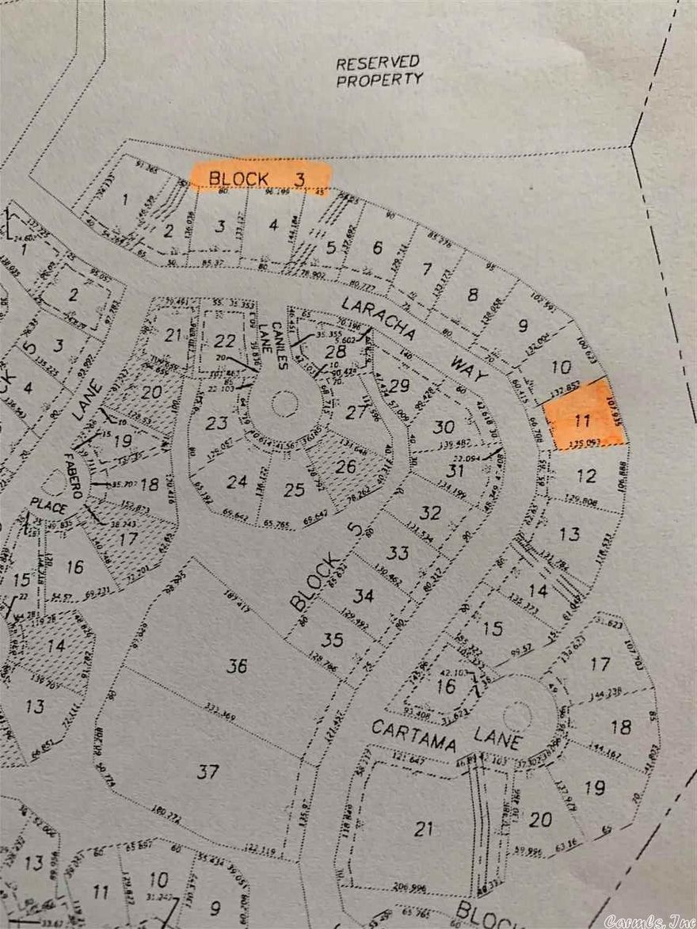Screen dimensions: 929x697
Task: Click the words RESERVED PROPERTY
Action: coord(379,71)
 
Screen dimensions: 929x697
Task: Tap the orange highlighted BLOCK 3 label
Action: coord(260,178)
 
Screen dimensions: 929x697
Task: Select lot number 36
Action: coord(237,666)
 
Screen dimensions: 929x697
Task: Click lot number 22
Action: coord(225,341)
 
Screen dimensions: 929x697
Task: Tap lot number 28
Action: coord(336,351)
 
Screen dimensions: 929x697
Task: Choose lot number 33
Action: coord(398,552)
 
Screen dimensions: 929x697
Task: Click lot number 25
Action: coord(294,489)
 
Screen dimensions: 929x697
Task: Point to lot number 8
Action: coord(473,295)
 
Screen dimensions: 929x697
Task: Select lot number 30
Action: coord(444,427)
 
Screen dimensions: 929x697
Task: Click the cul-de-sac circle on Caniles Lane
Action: coord(284,403)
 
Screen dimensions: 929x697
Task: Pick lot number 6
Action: coord(377,248)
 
